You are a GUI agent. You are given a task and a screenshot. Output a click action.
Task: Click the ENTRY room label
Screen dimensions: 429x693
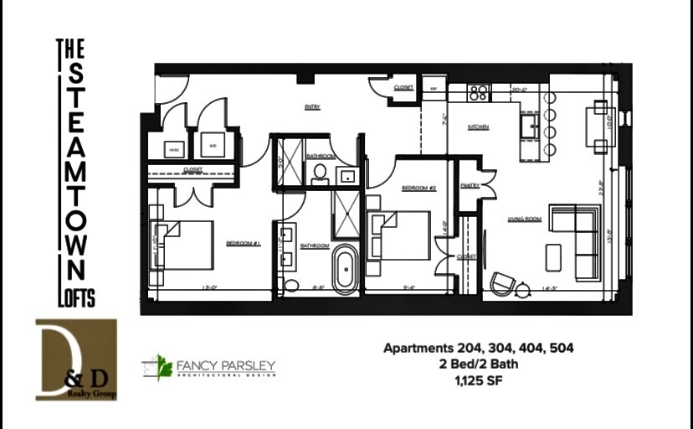point(311,106)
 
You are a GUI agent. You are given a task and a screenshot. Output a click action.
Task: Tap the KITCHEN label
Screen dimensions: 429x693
point(478,127)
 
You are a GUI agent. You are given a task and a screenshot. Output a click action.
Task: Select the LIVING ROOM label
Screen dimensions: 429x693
point(525,220)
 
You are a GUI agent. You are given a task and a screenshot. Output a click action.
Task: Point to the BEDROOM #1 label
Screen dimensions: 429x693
point(244,244)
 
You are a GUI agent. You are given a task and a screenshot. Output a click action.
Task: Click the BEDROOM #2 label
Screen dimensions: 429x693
point(419,188)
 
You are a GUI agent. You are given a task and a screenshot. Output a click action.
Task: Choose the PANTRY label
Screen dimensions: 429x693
point(470,186)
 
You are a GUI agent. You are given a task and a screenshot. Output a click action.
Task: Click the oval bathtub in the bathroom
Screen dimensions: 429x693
point(345,268)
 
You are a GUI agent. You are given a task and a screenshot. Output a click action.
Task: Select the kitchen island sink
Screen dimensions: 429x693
point(531,127)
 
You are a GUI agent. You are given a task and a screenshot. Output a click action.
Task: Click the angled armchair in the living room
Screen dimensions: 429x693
point(503,283)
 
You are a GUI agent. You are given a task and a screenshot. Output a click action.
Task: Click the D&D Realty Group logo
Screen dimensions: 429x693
point(76,359)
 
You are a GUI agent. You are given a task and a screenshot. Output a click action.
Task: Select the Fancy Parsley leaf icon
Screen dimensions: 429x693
point(157,367)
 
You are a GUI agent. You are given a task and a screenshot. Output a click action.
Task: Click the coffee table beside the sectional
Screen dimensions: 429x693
point(552,256)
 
